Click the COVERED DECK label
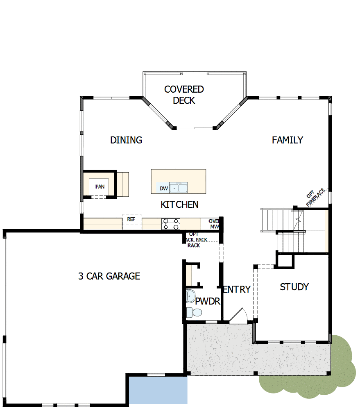click(x=184, y=95)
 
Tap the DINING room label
click(x=126, y=140)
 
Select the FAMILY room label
click(x=288, y=140)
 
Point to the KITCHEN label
click(x=179, y=205)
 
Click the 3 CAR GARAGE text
click(x=109, y=276)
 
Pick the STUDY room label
click(x=294, y=287)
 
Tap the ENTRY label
click(x=237, y=289)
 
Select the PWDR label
click(x=208, y=302)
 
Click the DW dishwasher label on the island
click(x=164, y=189)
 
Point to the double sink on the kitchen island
click(x=179, y=189)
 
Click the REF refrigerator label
click(x=131, y=219)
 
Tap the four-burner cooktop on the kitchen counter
click(x=171, y=224)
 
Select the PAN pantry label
click(x=100, y=187)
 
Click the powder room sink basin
click(x=190, y=296)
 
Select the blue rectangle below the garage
click(x=158, y=391)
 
